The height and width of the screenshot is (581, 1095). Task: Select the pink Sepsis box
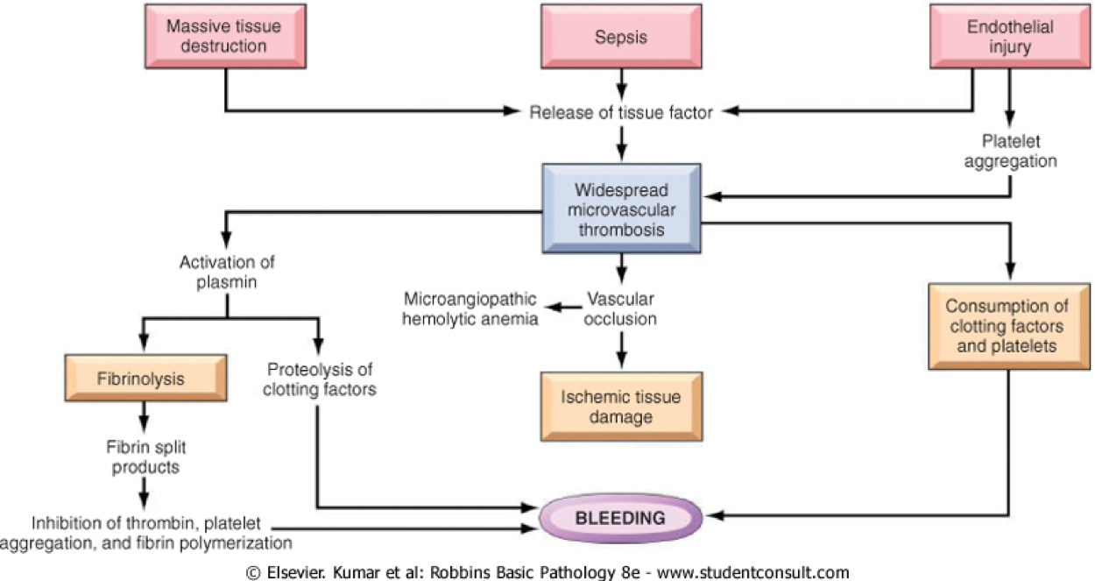(x=620, y=36)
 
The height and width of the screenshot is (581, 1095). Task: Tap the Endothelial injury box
(x=1010, y=36)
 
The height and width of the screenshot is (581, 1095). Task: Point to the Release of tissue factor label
(x=621, y=111)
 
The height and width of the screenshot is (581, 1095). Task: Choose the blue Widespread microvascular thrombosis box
(x=621, y=209)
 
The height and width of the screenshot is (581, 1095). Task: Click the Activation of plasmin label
(x=227, y=272)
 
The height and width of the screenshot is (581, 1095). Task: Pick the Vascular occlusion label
(x=622, y=308)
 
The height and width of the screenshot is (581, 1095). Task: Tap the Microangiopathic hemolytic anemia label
(x=470, y=308)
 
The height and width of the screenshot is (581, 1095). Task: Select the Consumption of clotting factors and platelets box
(x=1009, y=327)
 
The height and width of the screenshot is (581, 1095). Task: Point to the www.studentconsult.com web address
(x=752, y=573)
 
